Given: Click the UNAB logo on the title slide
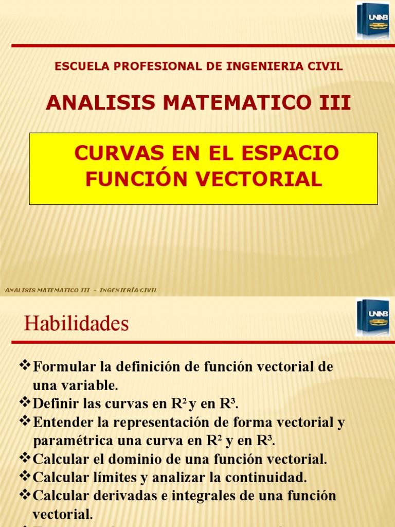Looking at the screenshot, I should pos(372,21).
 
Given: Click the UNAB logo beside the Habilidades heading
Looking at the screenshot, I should pos(372,318).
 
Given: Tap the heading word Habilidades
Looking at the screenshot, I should pos(76,324).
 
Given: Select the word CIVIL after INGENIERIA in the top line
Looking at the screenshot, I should pos(327,66).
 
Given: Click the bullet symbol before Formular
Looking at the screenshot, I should pos(25,366).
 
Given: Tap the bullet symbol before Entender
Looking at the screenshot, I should pos(25,421).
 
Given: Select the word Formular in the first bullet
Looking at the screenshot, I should pos(65,367).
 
